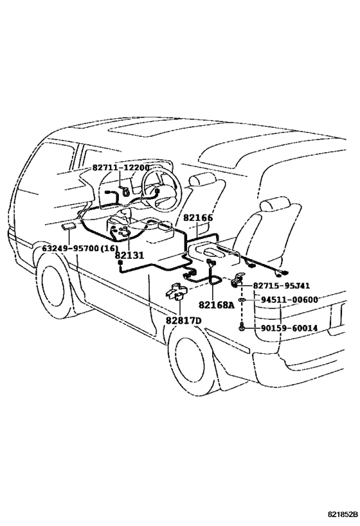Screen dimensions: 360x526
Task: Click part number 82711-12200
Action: (121, 168)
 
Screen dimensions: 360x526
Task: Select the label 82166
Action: (198, 218)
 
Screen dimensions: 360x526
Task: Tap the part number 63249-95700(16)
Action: (80, 249)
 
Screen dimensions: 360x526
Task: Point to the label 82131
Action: (129, 255)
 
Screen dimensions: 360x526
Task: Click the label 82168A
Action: (216, 304)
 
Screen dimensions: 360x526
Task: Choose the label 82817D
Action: (183, 321)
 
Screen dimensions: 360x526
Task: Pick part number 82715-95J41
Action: (281, 286)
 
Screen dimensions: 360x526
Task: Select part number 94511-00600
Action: (289, 299)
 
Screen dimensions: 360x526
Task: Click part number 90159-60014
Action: (289, 328)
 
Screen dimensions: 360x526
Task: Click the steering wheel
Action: (161, 191)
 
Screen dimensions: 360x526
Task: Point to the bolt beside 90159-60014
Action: (242, 326)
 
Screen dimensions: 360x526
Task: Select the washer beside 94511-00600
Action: (242, 299)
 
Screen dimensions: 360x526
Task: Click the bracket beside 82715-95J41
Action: (237, 280)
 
